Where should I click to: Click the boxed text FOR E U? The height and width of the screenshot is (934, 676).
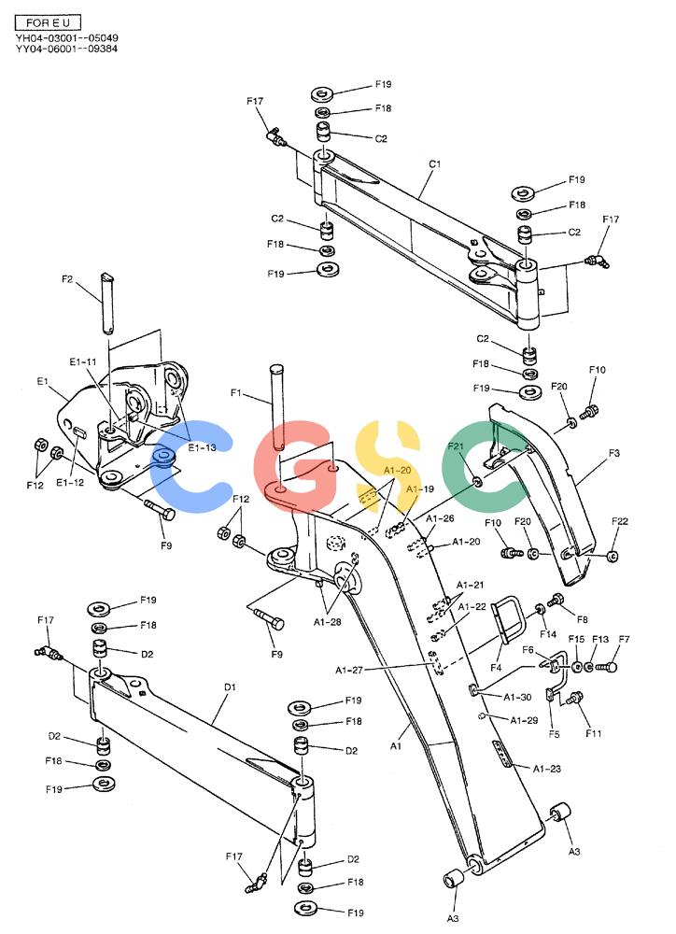[48, 22]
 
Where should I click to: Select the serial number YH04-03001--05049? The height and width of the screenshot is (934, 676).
[66, 37]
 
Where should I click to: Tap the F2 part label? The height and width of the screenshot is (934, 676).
[68, 278]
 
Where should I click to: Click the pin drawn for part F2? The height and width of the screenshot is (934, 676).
[107, 303]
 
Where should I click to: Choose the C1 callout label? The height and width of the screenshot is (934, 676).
[435, 163]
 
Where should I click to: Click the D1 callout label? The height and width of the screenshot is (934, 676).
[230, 686]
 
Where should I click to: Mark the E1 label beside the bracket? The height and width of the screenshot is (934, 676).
[42, 381]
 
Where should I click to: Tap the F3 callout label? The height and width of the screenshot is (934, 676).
[614, 453]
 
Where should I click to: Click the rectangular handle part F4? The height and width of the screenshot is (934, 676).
[510, 619]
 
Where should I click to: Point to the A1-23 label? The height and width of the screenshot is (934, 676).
[547, 769]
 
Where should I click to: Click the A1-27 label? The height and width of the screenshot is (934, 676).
[349, 670]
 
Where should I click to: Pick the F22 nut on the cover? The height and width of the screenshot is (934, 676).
[612, 557]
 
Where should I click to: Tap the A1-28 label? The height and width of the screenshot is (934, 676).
[328, 622]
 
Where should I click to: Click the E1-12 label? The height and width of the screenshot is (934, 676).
[70, 483]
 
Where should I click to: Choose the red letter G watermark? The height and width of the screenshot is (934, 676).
[291, 465]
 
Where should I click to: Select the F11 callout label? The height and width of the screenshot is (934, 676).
[593, 733]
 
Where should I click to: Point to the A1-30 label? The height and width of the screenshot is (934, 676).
[517, 697]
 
